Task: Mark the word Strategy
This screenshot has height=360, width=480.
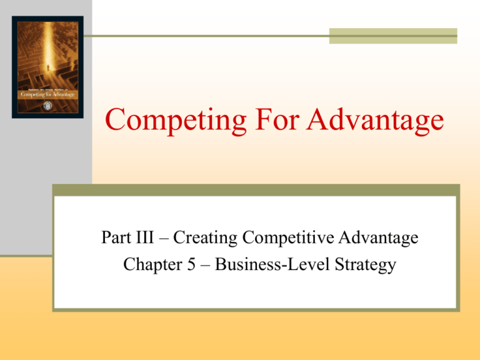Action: coord(366,266)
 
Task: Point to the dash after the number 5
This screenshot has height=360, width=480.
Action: coord(198,266)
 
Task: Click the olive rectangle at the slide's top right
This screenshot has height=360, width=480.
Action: coord(393,36)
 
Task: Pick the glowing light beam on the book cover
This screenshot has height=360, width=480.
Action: coord(46,50)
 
